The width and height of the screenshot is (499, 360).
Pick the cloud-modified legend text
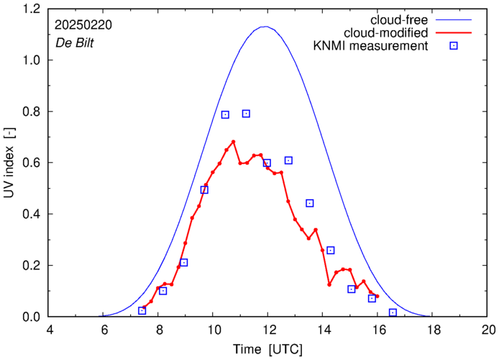pos(387,33)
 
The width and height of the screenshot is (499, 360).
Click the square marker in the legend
pos(453,47)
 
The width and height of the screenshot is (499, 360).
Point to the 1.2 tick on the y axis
pos(32,9)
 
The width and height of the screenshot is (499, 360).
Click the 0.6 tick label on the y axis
pos(32,163)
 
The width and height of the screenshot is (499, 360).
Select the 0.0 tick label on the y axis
pos(32,317)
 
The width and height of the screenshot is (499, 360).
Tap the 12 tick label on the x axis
pos(268,331)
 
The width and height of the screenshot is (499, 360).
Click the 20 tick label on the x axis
pos(488,331)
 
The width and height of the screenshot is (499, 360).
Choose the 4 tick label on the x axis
pos(49,331)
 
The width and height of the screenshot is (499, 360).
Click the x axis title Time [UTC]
pos(268,349)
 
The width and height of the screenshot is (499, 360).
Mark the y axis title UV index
pos(10,163)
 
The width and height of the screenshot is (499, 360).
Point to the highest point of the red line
pos(234,142)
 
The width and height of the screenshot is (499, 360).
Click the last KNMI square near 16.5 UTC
pos(393,313)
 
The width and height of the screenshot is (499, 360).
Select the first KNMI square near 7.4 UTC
pos(142,310)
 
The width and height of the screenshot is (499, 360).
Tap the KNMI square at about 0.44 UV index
pos(310,203)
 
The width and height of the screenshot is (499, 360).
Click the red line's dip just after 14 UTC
pos(329,285)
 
